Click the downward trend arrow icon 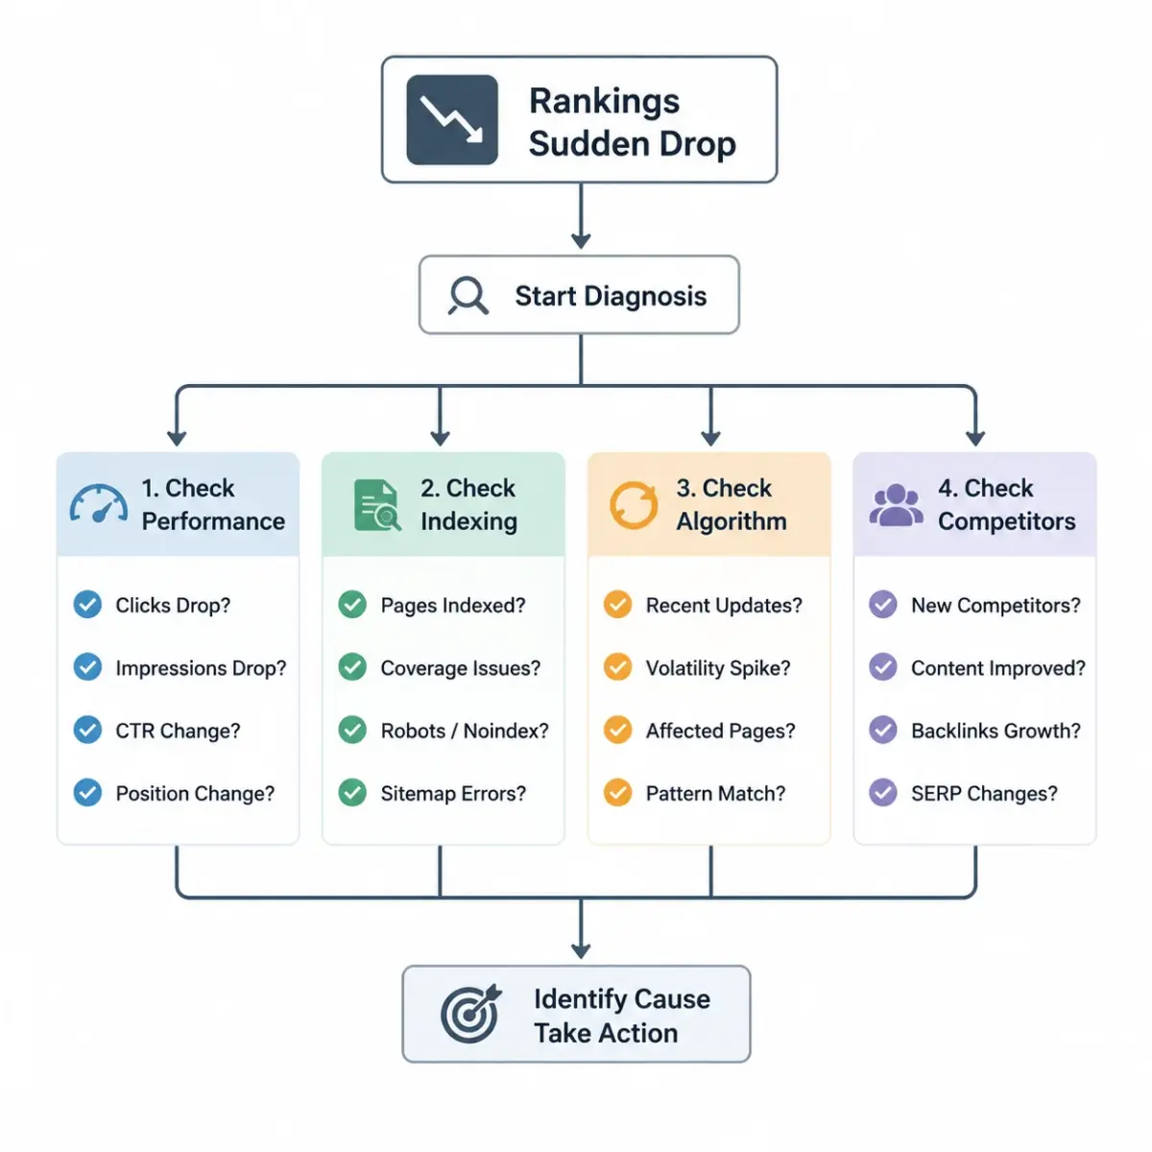451,119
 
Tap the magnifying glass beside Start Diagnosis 468,296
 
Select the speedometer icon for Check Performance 99,504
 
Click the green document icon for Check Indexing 376,505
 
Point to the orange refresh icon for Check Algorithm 633,505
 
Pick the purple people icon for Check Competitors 896,505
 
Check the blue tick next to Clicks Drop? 87,605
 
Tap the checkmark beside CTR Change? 87,730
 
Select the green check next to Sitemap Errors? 352,793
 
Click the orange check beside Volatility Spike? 617,667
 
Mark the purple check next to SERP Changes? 882,793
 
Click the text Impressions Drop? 201,668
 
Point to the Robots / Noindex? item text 465,731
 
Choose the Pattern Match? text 715,793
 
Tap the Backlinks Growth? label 996,731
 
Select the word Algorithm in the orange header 732,521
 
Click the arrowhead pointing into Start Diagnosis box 581,240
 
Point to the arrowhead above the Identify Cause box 581,950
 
